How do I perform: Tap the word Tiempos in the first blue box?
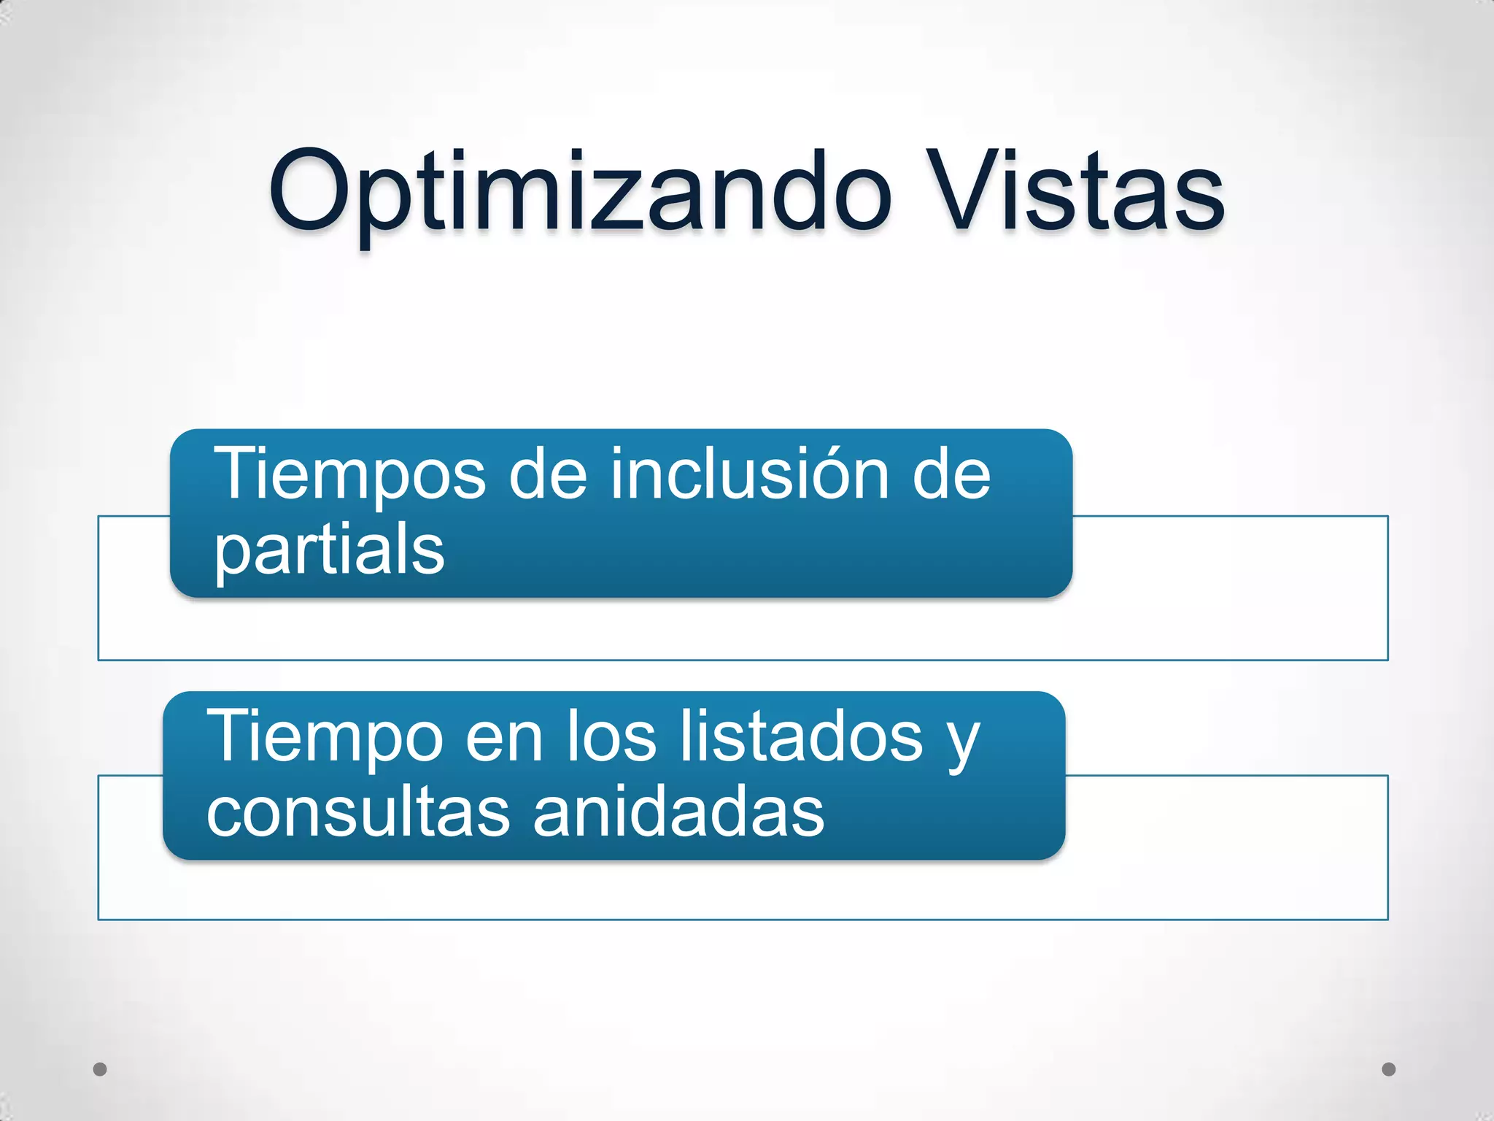coord(349,474)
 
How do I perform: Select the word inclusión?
coord(748,474)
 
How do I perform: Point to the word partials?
coord(329,551)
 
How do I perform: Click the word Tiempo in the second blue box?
coord(325,737)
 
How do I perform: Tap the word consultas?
coord(358,812)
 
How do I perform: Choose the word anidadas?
coord(678,812)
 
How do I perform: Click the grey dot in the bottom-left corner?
coord(101,1069)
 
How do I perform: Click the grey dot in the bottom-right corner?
coord(1388,1069)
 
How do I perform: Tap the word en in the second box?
coord(504,737)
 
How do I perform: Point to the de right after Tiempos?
coord(547,474)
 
